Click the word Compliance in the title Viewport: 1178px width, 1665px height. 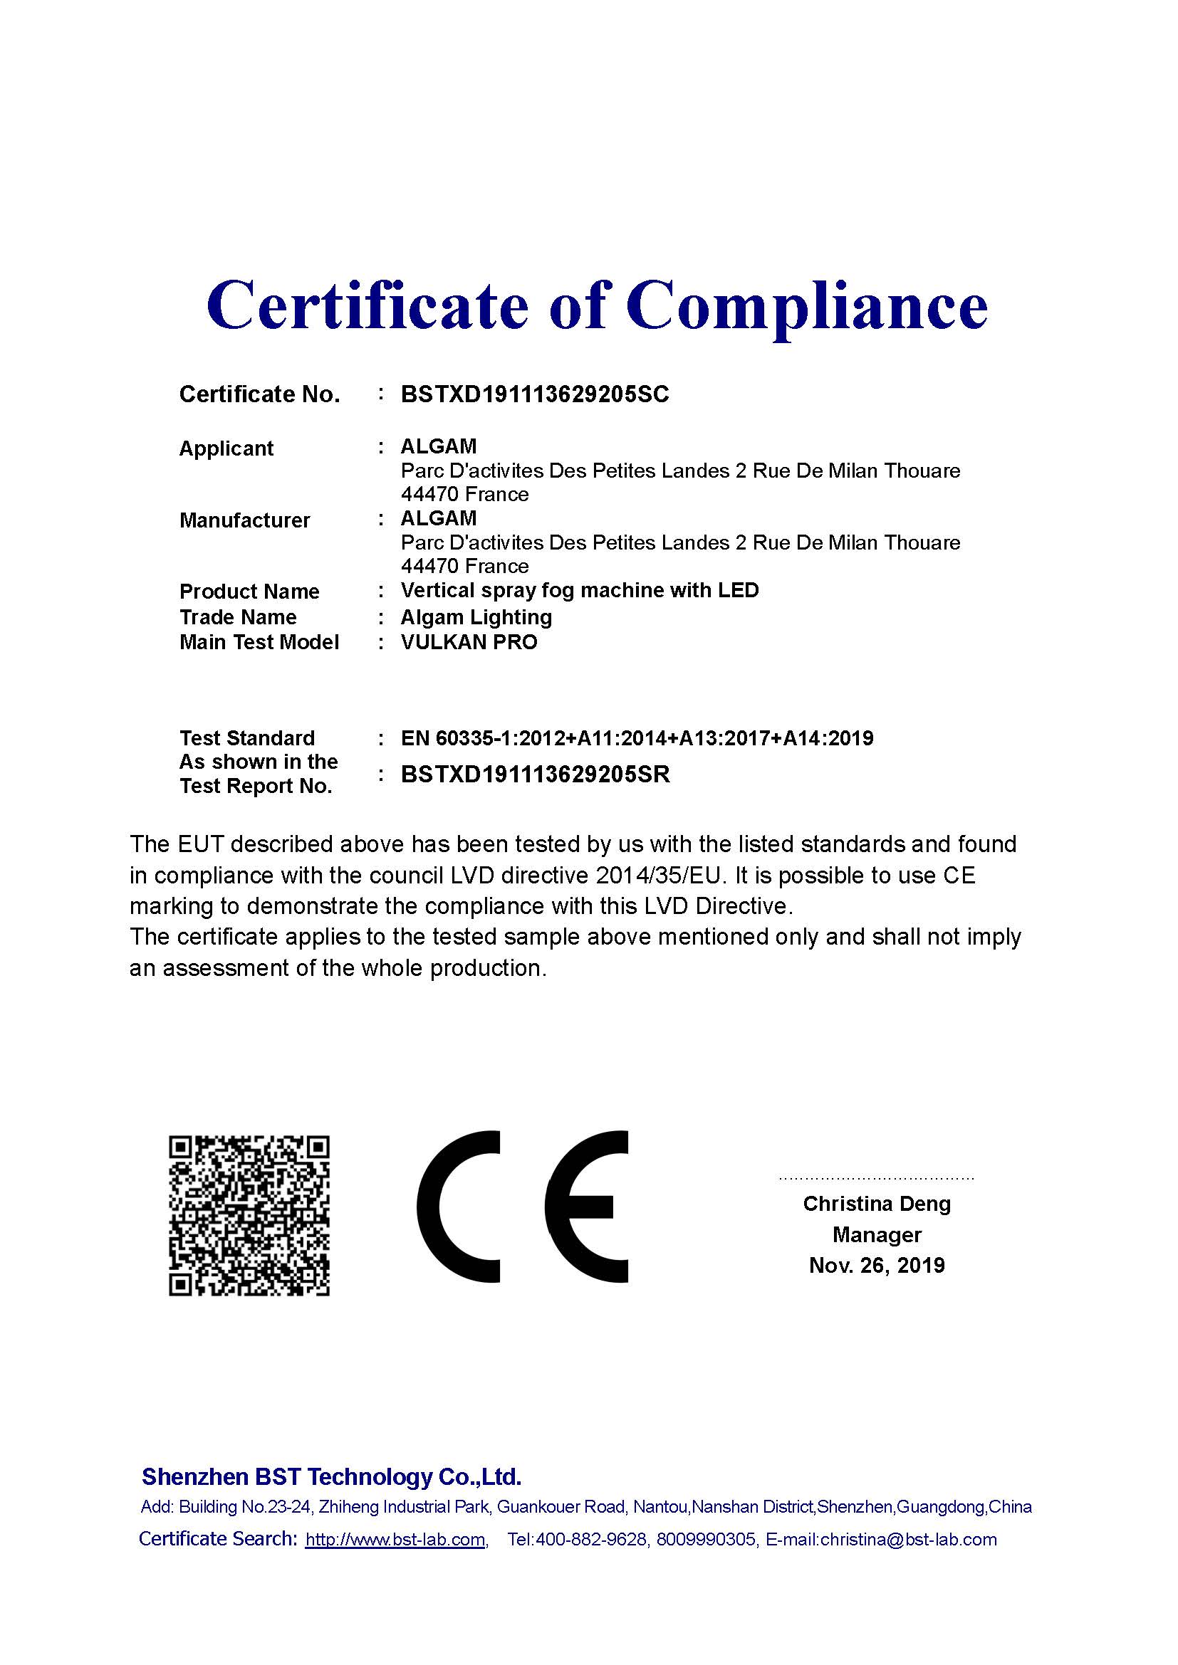(x=808, y=306)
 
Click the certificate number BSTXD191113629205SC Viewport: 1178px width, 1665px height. (x=535, y=394)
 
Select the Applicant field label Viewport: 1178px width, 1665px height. (x=226, y=449)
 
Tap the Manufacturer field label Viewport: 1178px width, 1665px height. (x=244, y=520)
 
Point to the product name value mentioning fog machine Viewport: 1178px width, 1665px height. (x=580, y=590)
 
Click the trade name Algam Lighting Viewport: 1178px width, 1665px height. (x=476, y=617)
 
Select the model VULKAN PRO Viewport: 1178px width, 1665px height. (x=469, y=643)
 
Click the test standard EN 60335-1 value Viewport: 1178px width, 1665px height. (x=637, y=738)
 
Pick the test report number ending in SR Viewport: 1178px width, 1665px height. (x=535, y=774)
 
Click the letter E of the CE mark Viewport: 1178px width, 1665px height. (x=586, y=1207)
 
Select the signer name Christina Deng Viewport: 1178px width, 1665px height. (x=876, y=1204)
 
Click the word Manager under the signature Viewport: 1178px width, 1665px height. (x=876, y=1234)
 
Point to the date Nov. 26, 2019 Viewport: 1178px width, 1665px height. (x=876, y=1266)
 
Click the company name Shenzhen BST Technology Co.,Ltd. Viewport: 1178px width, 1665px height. (x=331, y=1476)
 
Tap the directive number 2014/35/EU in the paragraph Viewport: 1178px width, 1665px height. (x=660, y=876)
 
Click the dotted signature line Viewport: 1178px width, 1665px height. (x=876, y=1178)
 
